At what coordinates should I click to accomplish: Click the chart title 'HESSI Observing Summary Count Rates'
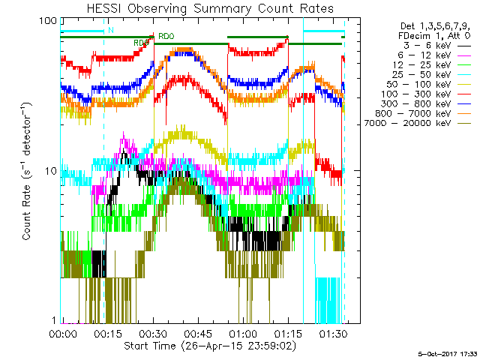click(204, 9)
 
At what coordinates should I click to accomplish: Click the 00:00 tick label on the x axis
click(62, 333)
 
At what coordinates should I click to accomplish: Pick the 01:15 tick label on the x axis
click(288, 333)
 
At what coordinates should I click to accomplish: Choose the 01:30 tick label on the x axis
click(333, 333)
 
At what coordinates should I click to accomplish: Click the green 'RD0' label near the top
click(166, 36)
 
